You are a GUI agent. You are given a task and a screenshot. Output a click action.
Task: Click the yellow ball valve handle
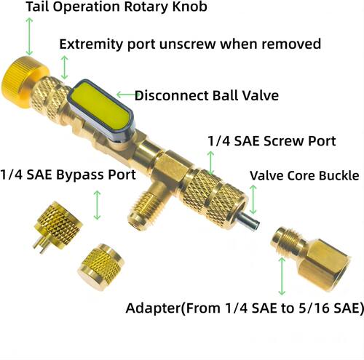click(101, 111)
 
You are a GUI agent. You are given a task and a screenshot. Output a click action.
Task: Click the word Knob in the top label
click(190, 7)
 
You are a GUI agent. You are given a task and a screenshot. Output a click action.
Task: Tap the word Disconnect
click(172, 95)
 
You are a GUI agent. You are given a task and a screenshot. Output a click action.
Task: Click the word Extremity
click(91, 44)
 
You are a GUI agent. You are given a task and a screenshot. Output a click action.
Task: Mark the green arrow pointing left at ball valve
click(126, 95)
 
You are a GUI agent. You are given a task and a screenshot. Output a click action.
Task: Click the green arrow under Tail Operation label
click(29, 36)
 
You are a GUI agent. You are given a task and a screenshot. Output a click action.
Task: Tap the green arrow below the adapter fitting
click(282, 276)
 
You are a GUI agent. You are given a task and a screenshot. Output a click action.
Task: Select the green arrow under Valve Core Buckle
click(253, 199)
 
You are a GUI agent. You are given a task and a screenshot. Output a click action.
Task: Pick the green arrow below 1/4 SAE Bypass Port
click(97, 205)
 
